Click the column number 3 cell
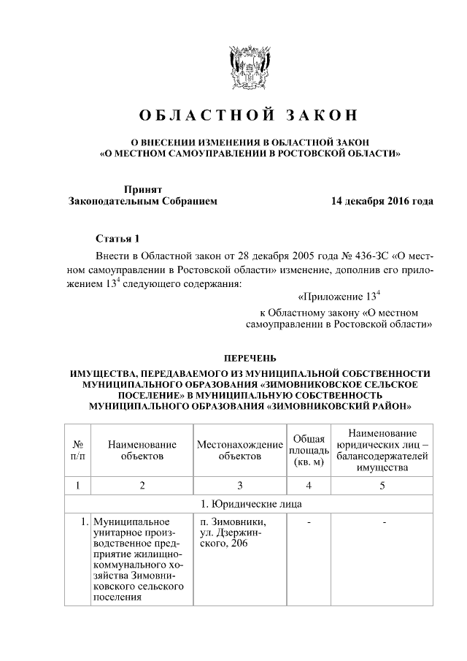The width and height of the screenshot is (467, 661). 239,485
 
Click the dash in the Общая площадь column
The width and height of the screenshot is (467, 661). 309,522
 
